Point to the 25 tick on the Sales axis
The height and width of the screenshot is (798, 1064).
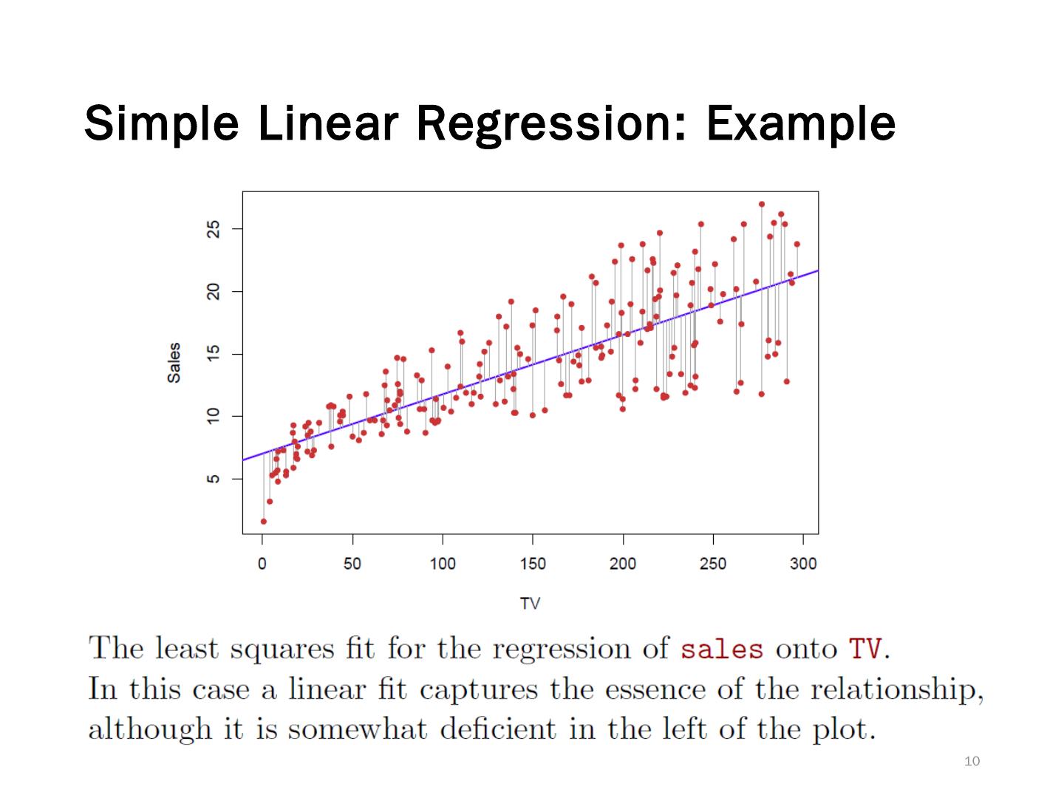tap(214, 230)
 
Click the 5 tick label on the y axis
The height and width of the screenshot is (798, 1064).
tap(214, 479)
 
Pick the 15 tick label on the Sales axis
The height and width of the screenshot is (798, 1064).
tap(214, 355)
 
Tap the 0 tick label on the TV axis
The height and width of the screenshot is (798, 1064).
tap(262, 564)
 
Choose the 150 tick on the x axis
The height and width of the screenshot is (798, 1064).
tap(533, 564)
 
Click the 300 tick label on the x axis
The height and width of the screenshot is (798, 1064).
tap(803, 564)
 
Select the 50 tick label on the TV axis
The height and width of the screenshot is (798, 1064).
tap(352, 564)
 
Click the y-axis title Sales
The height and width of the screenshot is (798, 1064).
tap(174, 362)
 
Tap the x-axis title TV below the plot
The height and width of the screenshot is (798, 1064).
tap(530, 604)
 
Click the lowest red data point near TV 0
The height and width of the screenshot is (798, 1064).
tap(264, 521)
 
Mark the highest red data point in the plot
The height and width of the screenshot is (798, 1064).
tap(762, 205)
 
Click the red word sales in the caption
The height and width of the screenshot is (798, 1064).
tap(721, 649)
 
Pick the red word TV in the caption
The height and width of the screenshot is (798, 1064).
tap(865, 649)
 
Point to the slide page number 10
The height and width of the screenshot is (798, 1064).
tap(972, 761)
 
